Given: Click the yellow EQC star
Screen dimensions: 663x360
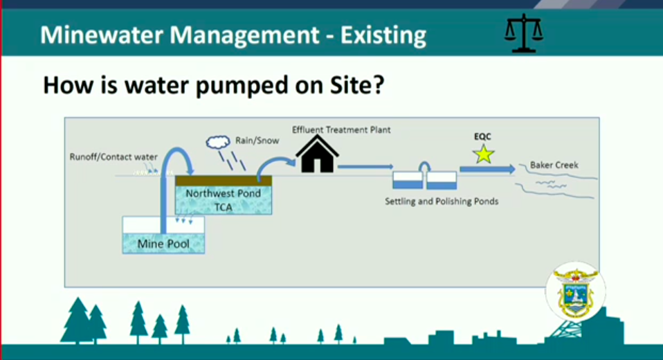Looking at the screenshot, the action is (483, 154).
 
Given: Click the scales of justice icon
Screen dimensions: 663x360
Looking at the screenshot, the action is (523, 33).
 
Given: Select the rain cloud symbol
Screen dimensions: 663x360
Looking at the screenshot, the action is (218, 142).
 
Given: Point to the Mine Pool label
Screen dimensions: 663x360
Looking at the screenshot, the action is (163, 244).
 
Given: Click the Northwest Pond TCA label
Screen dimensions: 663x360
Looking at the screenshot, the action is (224, 200).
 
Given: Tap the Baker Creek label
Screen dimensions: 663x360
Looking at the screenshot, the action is (554, 165).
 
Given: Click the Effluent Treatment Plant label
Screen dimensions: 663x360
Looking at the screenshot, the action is (341, 130).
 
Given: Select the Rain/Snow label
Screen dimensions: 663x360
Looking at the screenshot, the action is (257, 141).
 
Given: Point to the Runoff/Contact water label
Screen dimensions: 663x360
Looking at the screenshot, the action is (113, 157).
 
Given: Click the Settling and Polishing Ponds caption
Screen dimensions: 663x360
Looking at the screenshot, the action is (442, 201).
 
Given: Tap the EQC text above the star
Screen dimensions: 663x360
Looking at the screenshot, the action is (482, 136).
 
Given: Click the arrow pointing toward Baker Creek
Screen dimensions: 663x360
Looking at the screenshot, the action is (487, 169).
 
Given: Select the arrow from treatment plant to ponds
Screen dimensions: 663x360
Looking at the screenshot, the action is (365, 167).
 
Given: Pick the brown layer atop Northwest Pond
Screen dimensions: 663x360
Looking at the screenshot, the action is (224, 181).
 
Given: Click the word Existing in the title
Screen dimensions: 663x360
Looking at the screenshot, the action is (383, 35).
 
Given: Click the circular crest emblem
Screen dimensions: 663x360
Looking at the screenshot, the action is (575, 291).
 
